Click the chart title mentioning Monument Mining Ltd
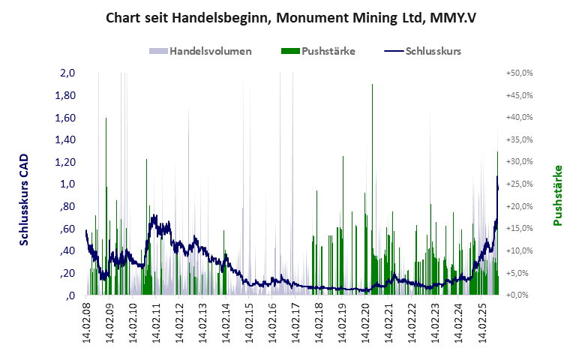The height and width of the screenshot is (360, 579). tap(289, 16)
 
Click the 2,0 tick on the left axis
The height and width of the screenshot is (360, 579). tap(67, 73)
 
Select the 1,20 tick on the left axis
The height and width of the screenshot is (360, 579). tap(65, 162)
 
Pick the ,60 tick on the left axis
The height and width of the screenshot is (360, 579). tap(67, 229)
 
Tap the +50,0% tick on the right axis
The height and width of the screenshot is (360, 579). tap(519, 73)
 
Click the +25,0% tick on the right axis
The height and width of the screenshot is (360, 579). tap(519, 184)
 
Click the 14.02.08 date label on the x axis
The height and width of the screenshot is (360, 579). tap(88, 323)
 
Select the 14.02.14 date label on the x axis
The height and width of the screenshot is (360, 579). tap(226, 323)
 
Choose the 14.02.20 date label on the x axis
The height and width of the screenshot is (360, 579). tap(366, 323)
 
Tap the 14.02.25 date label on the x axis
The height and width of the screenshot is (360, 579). tap(482, 323)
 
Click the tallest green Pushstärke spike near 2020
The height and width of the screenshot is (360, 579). tap(373, 85)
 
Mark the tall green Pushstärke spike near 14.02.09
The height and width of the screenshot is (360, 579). tap(106, 119)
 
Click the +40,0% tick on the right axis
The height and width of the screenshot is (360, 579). tap(519, 118)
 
